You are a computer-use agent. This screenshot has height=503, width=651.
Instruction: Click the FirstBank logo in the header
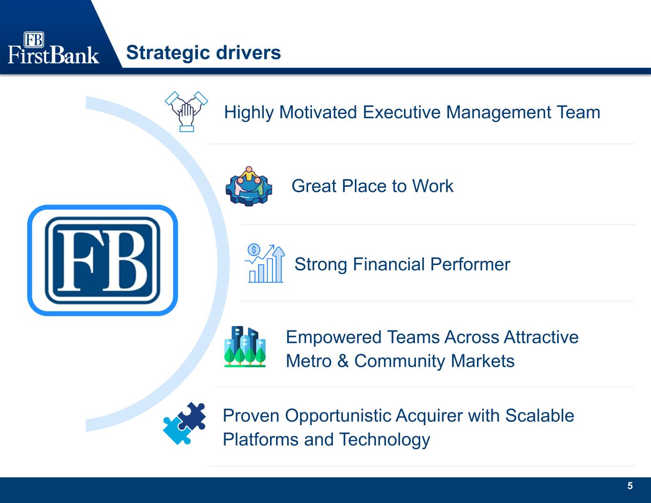53,48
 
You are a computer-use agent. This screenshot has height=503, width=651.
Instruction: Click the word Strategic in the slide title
168,53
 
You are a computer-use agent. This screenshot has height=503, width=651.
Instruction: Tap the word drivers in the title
248,53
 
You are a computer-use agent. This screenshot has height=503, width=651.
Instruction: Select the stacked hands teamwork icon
186,112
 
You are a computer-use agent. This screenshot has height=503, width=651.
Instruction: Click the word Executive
402,112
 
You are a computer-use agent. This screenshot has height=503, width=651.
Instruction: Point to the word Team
579,112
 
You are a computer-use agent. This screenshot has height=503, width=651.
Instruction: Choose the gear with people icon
248,186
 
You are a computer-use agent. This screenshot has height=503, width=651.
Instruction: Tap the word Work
433,186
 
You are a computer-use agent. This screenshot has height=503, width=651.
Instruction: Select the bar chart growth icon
265,264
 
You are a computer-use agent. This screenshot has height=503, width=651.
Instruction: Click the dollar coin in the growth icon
254,250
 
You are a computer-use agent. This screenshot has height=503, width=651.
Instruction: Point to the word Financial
389,265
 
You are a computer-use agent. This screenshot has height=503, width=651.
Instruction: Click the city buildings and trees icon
245,347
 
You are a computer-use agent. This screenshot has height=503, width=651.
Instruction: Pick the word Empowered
334,338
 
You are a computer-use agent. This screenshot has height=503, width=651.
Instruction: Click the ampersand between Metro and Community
343,361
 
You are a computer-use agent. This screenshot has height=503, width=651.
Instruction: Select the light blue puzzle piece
177,430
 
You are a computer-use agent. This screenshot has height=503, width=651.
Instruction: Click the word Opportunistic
338,416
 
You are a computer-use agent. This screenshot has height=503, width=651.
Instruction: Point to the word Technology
384,440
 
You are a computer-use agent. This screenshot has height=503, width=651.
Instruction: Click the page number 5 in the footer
630,486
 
